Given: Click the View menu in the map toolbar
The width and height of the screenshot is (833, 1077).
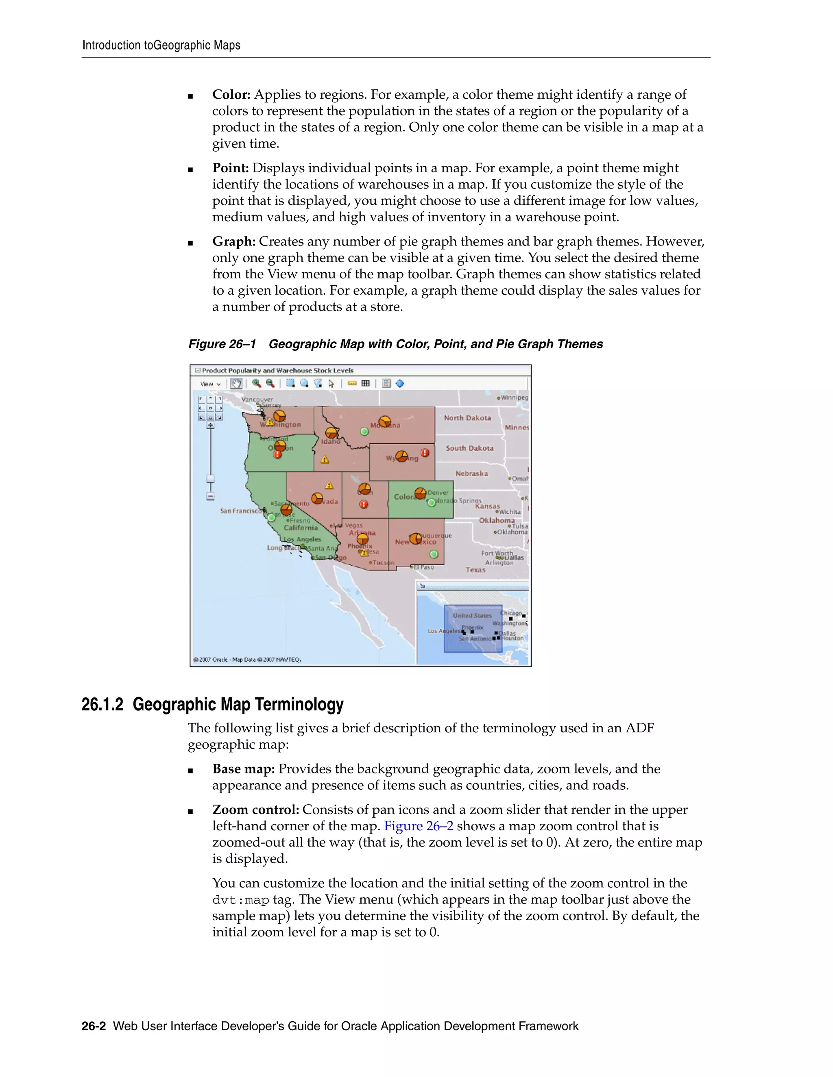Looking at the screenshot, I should (210, 384).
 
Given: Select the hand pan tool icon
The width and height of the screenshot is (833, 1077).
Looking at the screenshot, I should (236, 383).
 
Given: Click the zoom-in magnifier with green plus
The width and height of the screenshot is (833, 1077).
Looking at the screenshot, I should (257, 383).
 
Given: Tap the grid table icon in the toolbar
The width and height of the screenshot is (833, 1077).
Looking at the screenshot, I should (366, 383).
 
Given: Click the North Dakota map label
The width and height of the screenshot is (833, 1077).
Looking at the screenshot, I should (467, 418).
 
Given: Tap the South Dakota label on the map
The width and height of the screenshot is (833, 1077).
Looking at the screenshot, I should (469, 448).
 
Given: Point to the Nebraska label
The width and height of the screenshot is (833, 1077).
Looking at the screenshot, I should (471, 473).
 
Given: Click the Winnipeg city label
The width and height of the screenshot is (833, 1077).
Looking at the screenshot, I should (514, 397).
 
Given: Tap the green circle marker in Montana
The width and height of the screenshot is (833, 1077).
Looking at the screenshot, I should (364, 432).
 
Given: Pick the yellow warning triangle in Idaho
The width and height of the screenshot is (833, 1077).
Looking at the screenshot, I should (325, 460).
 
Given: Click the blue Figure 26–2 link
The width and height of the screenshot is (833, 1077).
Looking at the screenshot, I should (419, 826).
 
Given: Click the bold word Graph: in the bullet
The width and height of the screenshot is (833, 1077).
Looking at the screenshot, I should (234, 242).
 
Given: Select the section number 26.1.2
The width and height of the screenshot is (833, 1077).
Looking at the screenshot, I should (102, 704).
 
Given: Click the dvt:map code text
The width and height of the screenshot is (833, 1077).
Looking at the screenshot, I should (240, 900).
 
